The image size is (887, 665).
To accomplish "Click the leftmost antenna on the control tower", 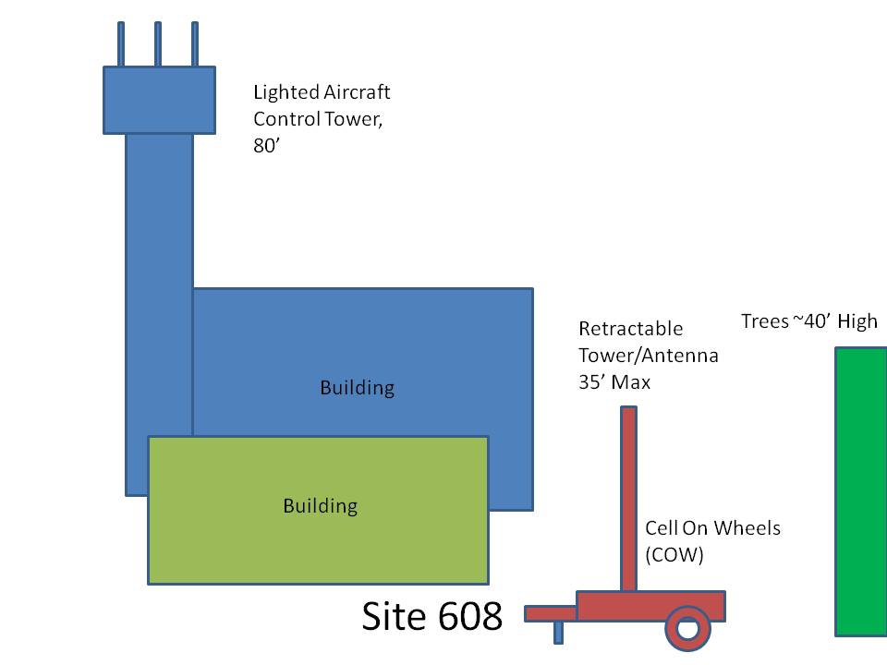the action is tap(121, 44).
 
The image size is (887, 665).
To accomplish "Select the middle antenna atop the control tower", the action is tap(158, 44).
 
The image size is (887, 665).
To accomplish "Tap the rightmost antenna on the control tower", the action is tap(195, 44).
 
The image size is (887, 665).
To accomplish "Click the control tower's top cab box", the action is tap(160, 100).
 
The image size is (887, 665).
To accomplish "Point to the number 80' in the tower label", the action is tap(266, 145).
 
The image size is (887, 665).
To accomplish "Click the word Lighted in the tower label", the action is tap(286, 92).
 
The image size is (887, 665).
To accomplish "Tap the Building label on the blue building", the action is tap(358, 388).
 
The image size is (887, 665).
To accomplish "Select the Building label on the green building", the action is tap(321, 506).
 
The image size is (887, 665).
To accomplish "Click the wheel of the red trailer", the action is tap(687, 628).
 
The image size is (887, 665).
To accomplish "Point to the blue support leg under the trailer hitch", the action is tap(558, 632).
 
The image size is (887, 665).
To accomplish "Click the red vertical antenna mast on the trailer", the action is tap(628, 499).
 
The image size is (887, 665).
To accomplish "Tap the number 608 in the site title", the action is tap(470, 616).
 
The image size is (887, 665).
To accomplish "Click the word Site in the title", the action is tap(395, 616).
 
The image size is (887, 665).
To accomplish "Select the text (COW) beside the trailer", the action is tap(674, 555).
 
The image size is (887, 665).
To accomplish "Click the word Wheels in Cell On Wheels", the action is tap(747, 528).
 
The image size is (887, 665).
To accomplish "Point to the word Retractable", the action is tap(631, 329).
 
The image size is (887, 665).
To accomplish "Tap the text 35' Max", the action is tap(614, 381).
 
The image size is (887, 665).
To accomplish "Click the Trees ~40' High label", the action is tap(809, 321).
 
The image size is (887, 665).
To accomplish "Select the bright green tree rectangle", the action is tap(861, 492).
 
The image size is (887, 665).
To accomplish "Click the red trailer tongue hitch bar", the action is tap(551, 613).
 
